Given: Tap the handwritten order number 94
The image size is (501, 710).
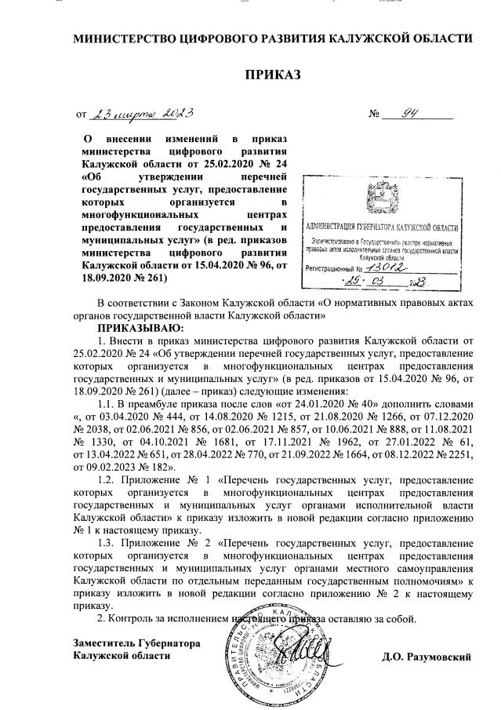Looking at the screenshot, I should click(408, 112).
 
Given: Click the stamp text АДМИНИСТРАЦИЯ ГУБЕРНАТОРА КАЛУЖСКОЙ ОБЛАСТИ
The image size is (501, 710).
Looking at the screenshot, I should click(382, 224).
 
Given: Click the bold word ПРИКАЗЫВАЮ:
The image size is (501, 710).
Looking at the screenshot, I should click(140, 326).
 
